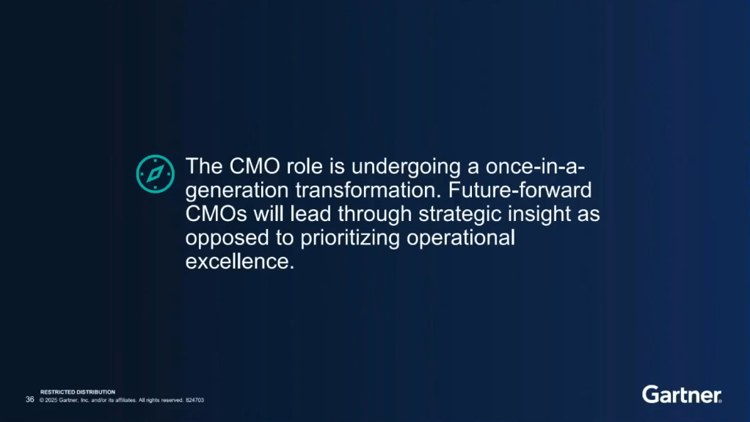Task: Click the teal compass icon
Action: point(155,174)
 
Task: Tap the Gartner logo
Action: point(682,395)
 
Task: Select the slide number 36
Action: point(29,399)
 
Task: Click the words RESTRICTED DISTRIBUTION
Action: point(78,392)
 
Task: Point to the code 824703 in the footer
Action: point(194,400)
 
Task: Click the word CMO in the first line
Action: point(255,167)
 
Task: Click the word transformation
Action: point(368,190)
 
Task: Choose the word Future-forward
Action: point(520,190)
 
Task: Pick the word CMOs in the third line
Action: point(216,214)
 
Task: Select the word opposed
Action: point(227,239)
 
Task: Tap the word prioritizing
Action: point(350,239)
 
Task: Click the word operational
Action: point(461,239)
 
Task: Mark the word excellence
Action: point(240,262)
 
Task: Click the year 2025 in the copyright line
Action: point(51,400)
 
